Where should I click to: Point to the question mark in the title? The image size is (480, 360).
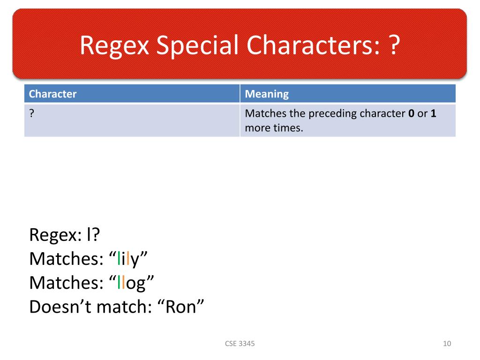pyautogui.click(x=394, y=45)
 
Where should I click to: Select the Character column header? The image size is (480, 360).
pyautogui.click(x=52, y=94)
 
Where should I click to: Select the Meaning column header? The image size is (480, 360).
pyautogui.click(x=267, y=94)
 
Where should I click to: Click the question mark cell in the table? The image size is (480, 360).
pyautogui.click(x=31, y=113)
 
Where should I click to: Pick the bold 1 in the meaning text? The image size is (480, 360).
pyautogui.click(x=434, y=113)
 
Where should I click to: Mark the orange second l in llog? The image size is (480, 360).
pyautogui.click(x=123, y=283)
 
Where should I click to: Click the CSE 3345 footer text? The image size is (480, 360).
pyautogui.click(x=240, y=344)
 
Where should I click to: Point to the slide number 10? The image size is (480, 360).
pyautogui.click(x=446, y=344)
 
